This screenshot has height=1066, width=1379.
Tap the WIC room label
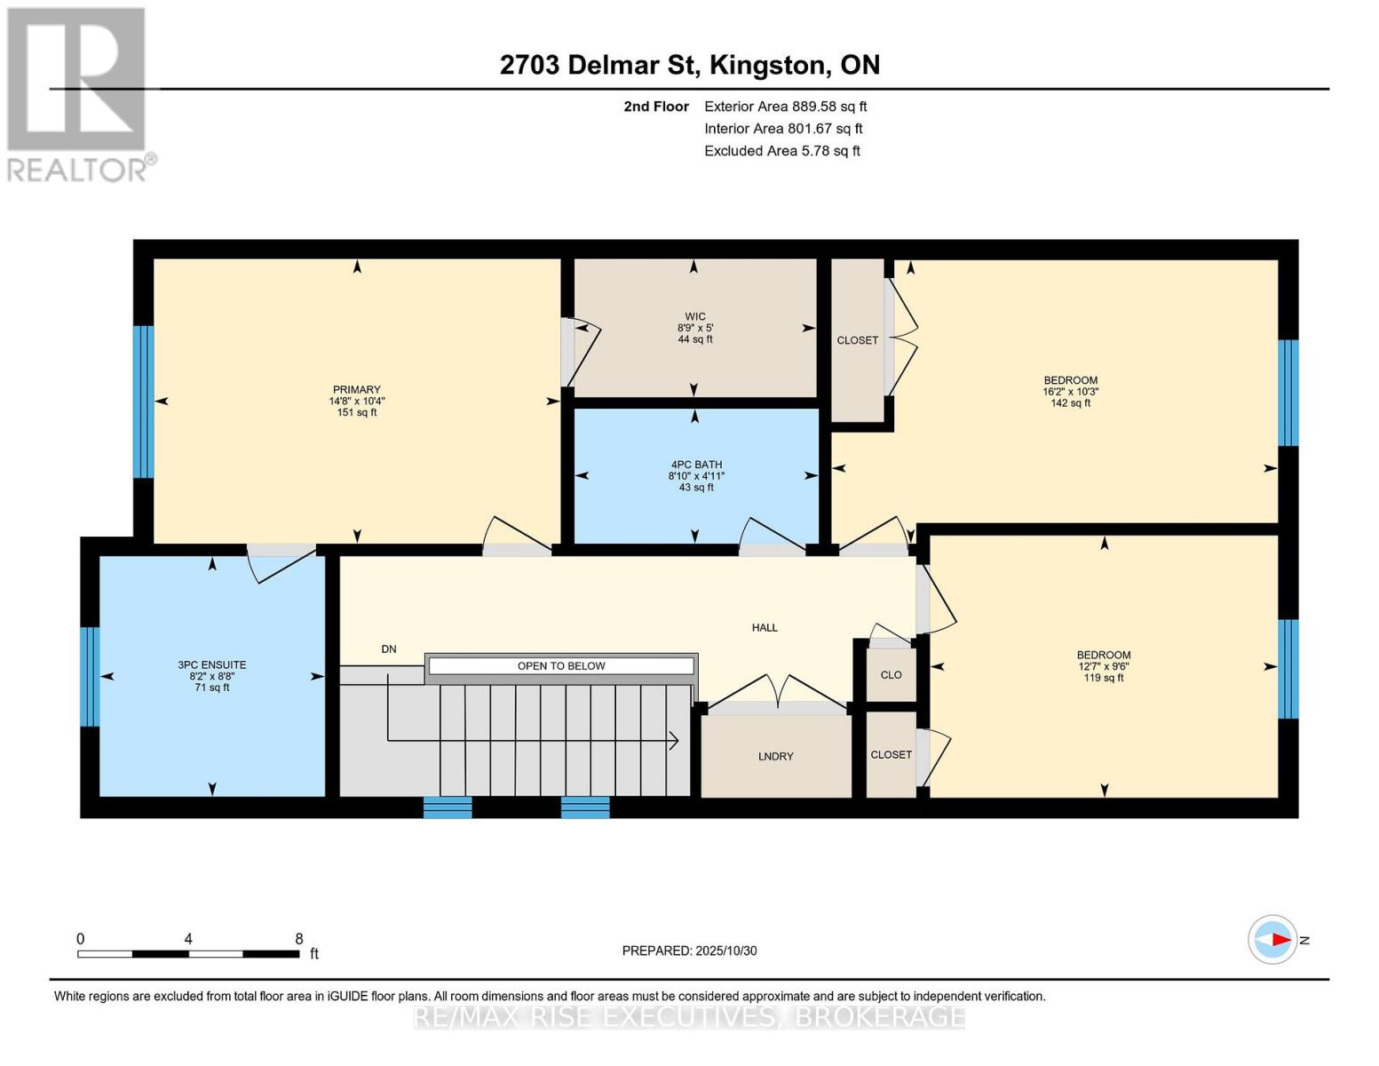[694, 317]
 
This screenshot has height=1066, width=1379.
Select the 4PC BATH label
[696, 465]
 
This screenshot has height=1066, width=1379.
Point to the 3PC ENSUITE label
[212, 665]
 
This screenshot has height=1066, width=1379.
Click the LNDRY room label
[775, 757]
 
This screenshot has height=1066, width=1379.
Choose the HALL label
[765, 628]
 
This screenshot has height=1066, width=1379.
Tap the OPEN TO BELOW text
[561, 666]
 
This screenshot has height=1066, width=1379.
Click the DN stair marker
[389, 649]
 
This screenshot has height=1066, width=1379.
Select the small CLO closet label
[892, 675]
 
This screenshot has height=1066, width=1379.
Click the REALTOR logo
[78, 94]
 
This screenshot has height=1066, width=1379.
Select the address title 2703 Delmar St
[689, 65]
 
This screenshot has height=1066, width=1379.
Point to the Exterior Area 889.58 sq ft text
[785, 107]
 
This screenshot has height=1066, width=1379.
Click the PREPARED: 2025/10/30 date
[689, 951]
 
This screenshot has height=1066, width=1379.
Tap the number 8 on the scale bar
[299, 939]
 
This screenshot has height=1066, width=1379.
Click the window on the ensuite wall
[90, 677]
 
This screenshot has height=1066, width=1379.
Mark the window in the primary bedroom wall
[143, 402]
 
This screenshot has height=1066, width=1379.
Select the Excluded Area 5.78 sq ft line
[781, 151]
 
